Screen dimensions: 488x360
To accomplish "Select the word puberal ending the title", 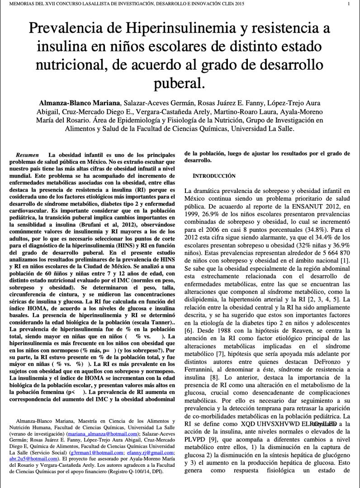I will pos(180,83).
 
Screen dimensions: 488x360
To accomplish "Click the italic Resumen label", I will pos(27,155).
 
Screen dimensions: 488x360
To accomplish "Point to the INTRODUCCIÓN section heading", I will pos(214,175).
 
